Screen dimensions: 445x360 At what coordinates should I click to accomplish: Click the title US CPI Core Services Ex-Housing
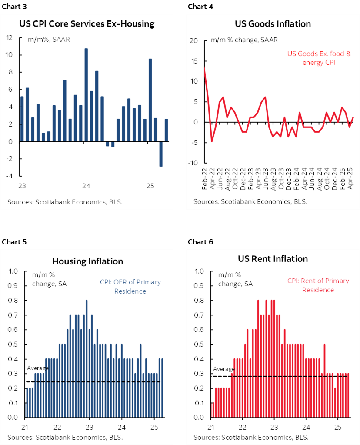[x=87, y=24]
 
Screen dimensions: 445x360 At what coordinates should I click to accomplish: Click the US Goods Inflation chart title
[x=273, y=24]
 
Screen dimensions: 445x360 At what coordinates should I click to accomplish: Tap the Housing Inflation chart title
[x=87, y=261]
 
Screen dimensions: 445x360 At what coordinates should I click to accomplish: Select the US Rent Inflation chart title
[x=273, y=259]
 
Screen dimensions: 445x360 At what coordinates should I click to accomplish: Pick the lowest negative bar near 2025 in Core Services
[x=160, y=154]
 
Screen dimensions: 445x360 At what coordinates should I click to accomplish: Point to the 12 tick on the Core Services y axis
[x=10, y=37]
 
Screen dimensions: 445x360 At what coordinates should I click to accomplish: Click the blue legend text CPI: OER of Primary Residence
[x=130, y=286]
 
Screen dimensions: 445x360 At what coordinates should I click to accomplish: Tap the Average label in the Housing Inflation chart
[x=38, y=368]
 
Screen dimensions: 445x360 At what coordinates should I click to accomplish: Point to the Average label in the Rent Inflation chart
[x=223, y=369]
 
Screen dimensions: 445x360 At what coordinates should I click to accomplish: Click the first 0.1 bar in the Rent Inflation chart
[x=213, y=410]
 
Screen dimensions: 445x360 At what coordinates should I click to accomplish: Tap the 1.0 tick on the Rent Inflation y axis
[x=200, y=271]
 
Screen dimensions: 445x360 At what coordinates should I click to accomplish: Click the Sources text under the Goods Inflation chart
[x=250, y=202]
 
